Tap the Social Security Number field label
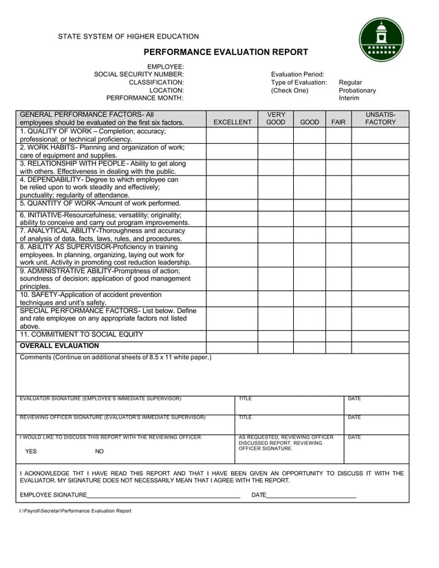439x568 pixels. click(x=138, y=74)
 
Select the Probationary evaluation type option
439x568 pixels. click(x=357, y=90)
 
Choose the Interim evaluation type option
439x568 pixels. click(x=349, y=98)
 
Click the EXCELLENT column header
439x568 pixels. click(x=232, y=122)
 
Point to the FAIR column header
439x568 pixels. click(x=338, y=122)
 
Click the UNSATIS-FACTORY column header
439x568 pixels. click(x=380, y=118)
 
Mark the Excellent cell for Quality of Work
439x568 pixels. click(x=232, y=135)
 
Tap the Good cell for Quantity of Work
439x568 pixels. click(x=310, y=204)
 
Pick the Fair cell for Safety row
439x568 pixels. click(x=338, y=298)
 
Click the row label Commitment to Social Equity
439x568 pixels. click(x=82, y=335)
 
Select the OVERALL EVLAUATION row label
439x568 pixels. click(x=59, y=346)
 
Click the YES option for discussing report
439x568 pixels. click(x=31, y=452)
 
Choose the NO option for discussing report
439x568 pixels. click(x=99, y=452)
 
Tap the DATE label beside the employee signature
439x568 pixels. click(x=259, y=495)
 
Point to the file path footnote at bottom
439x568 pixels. click(x=75, y=511)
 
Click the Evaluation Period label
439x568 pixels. click(x=297, y=74)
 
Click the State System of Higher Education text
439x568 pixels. click(x=128, y=36)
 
